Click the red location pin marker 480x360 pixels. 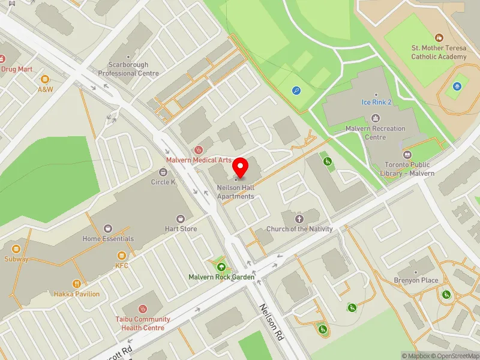(241, 167)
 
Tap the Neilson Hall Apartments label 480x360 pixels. (235, 192)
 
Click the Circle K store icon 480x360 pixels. (163, 172)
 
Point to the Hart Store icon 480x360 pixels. (181, 219)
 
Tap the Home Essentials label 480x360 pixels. (108, 239)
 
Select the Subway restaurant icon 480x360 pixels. (16, 248)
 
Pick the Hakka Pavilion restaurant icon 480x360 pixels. (77, 284)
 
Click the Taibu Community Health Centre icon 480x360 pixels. (143, 308)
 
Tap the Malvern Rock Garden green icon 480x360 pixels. (221, 267)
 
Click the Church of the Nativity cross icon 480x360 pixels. (299, 219)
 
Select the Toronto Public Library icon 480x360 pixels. (407, 155)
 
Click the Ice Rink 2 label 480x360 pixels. (376, 102)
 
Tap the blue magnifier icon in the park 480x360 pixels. (296, 91)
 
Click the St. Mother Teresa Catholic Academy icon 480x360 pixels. (439, 38)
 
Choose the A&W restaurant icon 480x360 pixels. (45, 79)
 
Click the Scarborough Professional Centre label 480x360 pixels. (128, 69)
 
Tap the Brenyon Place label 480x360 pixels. (416, 280)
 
